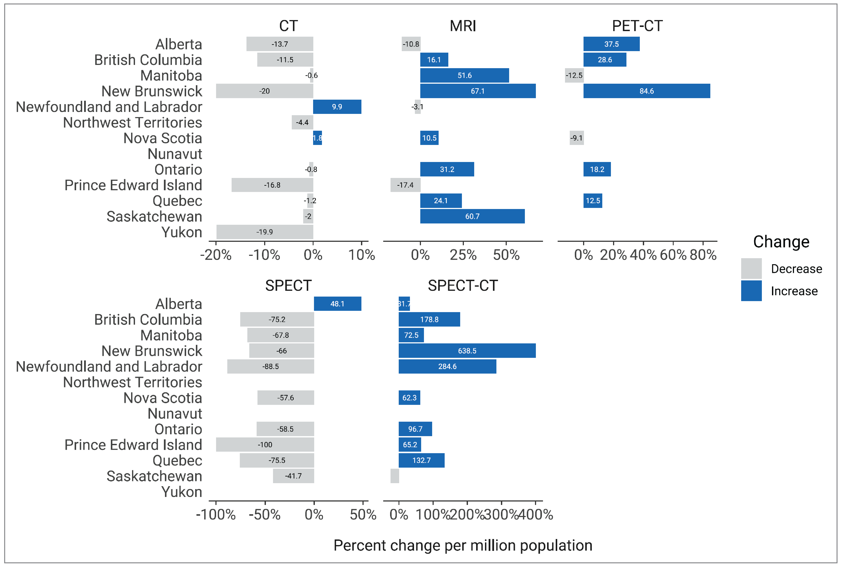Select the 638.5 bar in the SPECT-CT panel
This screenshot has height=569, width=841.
467,351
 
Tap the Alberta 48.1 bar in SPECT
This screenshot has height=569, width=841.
337,304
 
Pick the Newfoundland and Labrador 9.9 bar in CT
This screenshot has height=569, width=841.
337,107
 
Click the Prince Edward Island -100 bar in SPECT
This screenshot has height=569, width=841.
265,445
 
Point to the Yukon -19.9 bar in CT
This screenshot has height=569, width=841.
265,232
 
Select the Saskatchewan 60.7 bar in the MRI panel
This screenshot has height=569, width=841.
472,216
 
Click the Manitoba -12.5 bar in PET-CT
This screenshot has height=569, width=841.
574,75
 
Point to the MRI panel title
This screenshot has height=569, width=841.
463,26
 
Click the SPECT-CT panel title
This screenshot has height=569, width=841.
463,286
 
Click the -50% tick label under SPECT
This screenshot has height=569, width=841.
265,514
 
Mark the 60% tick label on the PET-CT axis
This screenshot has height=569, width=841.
673,255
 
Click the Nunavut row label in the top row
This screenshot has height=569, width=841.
175,154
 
